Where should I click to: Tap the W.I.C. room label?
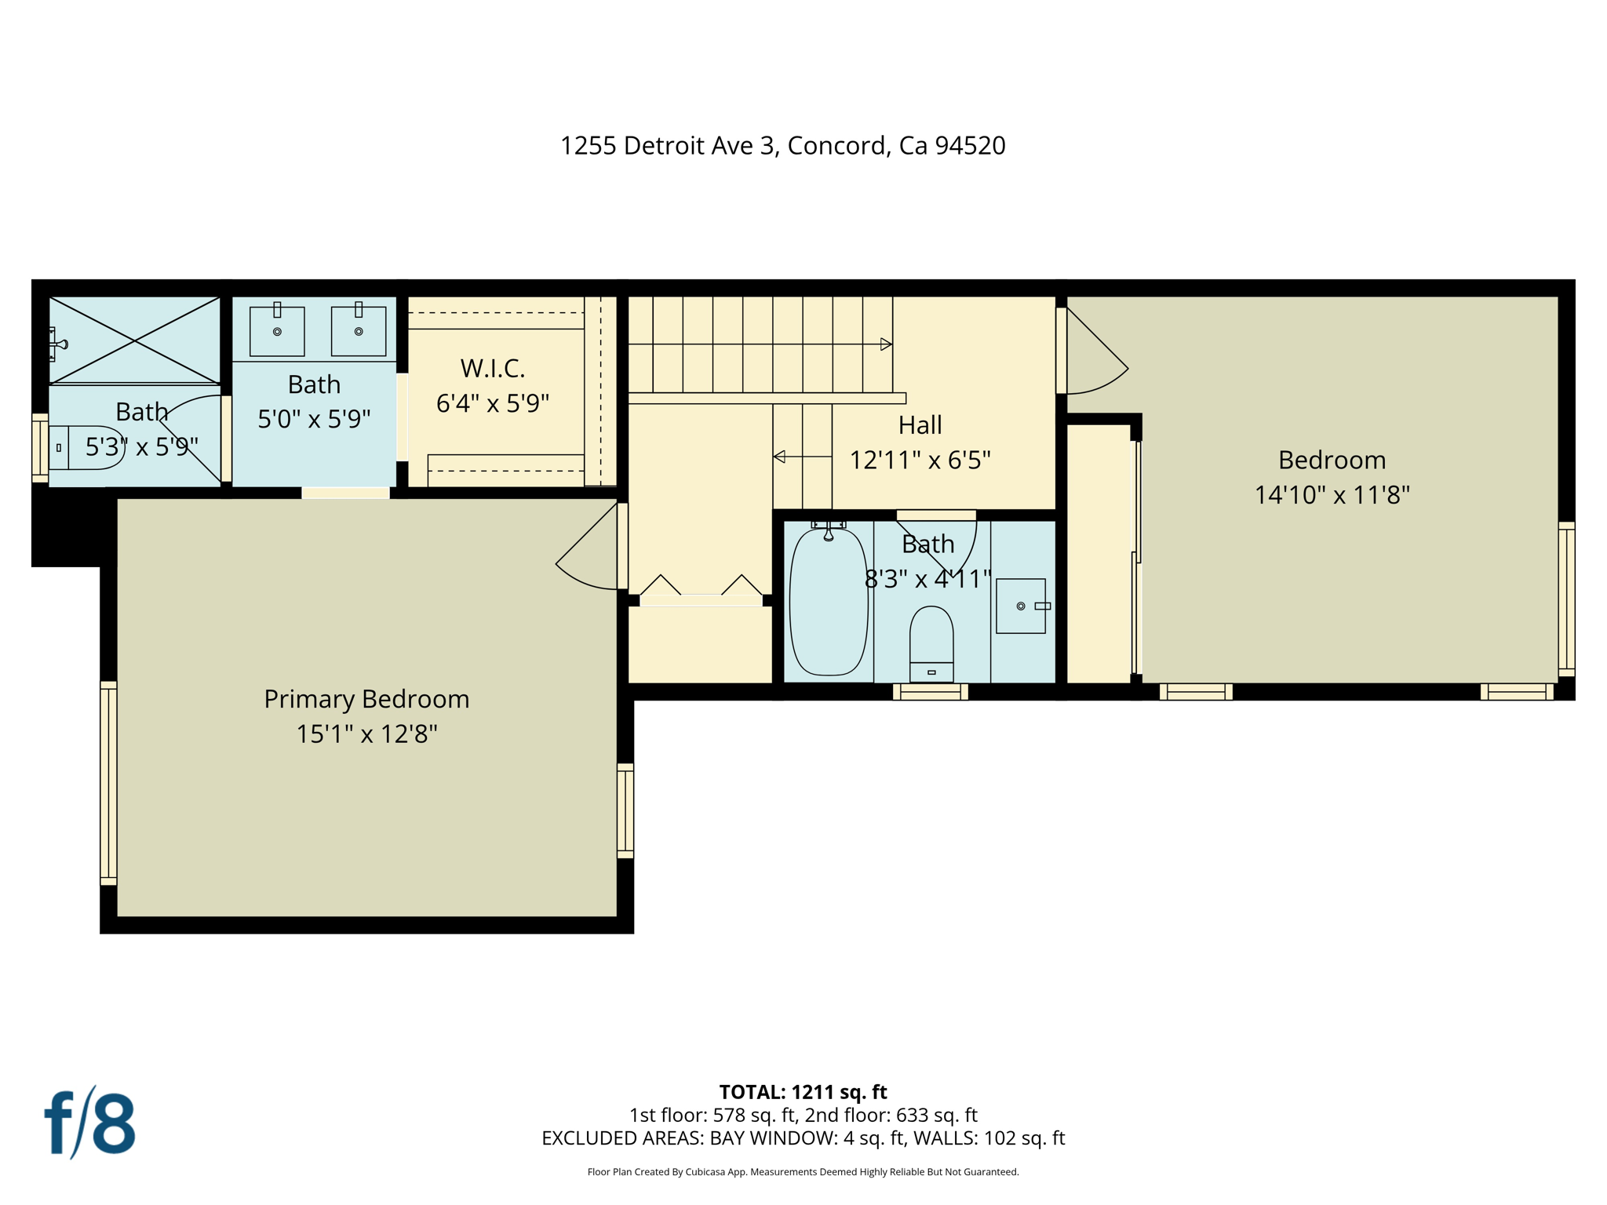point(492,368)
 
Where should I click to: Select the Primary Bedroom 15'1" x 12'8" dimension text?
point(366,734)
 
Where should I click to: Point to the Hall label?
point(920,425)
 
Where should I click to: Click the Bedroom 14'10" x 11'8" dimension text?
point(1332,495)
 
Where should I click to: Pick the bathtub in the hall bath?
point(828,602)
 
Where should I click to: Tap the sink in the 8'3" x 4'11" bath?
point(1020,606)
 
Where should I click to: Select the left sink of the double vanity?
point(277,331)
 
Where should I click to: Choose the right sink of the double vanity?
point(359,331)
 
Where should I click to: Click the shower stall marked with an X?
point(135,340)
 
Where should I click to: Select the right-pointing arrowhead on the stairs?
point(886,344)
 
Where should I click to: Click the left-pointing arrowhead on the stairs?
point(779,457)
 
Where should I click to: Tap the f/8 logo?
point(89,1123)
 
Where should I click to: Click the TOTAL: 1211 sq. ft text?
point(803,1092)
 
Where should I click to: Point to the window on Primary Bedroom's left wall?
point(108,783)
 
